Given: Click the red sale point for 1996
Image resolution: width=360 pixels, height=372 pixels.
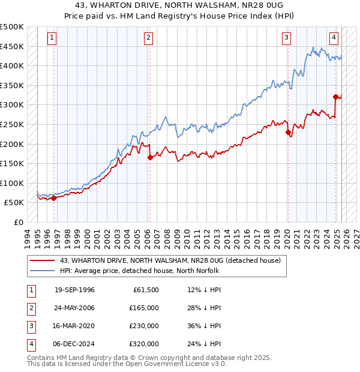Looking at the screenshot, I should coord(53,198).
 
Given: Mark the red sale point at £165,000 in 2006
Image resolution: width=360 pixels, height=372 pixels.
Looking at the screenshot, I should coord(149,158).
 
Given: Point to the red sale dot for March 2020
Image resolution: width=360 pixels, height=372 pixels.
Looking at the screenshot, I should coord(288,133).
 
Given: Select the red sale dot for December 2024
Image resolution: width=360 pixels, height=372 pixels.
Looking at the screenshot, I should coord(335,97).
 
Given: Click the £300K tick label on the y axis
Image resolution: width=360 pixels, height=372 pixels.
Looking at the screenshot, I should coord(12,105).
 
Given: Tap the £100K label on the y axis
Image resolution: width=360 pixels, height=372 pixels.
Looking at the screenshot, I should coord(12,183).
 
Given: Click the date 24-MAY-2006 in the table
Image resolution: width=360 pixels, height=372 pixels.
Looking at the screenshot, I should coord(74,308).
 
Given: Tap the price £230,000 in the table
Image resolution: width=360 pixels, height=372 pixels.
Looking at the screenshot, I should coord(144,326).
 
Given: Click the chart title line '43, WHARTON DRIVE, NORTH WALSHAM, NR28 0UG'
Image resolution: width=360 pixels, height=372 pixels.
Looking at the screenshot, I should coord(180,7).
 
